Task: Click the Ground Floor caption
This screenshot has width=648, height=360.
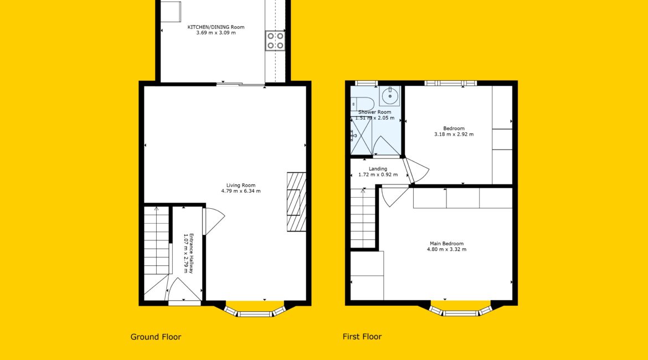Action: pos(156,337)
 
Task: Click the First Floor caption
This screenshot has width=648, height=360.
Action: pos(362,336)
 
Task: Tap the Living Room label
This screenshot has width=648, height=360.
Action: pos(241,185)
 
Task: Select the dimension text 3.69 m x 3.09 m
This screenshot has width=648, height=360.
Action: pos(216,33)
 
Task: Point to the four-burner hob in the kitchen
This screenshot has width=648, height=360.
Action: pos(275,40)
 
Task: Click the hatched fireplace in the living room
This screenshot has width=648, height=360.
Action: pos(297,202)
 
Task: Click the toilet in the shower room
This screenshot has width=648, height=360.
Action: pos(361,103)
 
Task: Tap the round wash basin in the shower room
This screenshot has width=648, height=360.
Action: pos(390,96)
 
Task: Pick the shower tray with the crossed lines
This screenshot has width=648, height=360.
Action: pos(361,136)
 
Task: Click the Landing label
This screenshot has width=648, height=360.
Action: pos(378,168)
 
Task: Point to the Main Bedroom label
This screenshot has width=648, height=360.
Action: pos(447,244)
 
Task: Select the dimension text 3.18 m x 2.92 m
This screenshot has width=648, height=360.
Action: pos(454,135)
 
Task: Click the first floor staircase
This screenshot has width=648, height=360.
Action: pos(363,218)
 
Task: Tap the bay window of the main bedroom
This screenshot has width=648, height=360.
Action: pos(460,311)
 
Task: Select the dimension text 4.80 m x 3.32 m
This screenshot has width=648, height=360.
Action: pos(447,249)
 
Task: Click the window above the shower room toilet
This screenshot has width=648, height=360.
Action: pos(367,84)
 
